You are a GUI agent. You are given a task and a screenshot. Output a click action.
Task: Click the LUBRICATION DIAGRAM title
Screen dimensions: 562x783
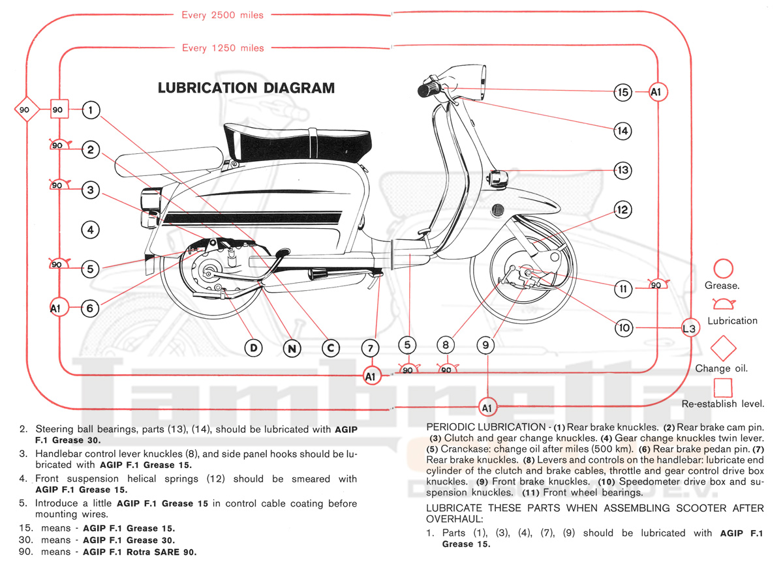246,88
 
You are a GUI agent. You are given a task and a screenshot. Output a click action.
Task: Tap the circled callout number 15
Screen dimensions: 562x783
624,92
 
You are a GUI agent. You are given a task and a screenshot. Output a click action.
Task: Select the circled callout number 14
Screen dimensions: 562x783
623,131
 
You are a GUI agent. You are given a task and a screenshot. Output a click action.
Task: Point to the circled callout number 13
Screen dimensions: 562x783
623,170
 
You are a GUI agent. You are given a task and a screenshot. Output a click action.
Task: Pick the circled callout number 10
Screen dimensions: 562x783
624,328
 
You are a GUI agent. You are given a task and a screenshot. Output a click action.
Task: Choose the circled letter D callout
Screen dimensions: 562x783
254,348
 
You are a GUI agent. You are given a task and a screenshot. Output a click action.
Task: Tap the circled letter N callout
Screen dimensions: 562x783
292,348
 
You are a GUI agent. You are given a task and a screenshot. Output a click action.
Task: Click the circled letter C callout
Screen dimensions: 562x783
331,348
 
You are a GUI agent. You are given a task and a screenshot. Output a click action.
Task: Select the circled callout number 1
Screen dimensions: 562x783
91,110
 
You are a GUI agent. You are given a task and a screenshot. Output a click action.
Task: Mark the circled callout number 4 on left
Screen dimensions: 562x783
91,229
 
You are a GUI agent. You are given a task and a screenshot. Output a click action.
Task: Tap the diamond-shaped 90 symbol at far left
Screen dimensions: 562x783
25,110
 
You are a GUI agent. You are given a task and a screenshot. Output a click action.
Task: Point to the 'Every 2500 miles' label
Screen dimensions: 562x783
223,15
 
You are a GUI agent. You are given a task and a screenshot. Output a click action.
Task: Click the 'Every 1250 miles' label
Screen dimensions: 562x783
223,48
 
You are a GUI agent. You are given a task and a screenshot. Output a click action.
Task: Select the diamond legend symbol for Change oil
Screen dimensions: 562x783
722,349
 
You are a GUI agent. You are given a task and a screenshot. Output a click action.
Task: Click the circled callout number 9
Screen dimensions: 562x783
485,345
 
